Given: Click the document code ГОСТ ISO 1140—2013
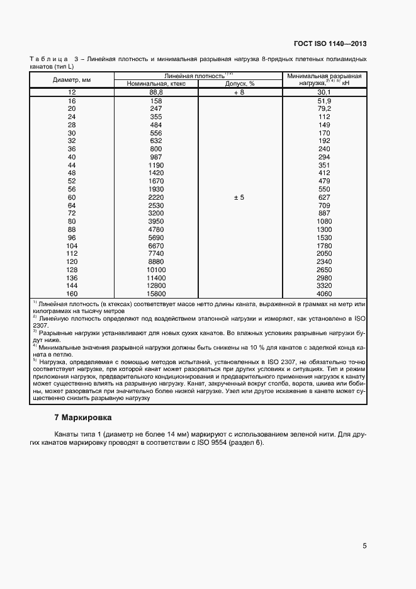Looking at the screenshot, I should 330,44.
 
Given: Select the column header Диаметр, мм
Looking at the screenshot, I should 71,79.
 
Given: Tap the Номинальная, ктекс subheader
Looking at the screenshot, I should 155,83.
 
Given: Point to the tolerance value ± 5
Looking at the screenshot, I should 239,197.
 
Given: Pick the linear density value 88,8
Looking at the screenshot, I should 155,92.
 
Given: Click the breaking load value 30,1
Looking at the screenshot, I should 325,92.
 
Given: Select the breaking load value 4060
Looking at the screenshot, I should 325,294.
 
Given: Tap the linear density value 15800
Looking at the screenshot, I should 155,294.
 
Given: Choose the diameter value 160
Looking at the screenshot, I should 71,294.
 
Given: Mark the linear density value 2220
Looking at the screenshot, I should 155,197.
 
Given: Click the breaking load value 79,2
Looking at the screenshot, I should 325,108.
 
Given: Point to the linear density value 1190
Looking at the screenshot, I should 155,165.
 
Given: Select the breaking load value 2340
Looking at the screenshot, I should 325,261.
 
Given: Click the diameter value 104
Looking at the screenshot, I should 71,245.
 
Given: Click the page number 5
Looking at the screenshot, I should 364,546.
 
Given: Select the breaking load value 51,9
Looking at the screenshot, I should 325,101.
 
